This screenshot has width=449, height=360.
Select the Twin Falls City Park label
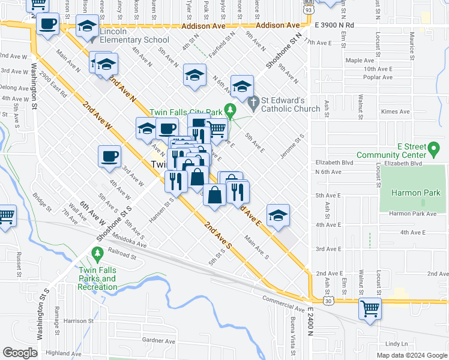[x=186, y=112]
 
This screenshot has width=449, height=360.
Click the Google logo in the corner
[x=20, y=353]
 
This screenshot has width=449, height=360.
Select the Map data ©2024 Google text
[x=412, y=355]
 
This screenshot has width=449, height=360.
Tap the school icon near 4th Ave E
[x=278, y=215]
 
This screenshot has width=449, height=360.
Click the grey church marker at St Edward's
[x=254, y=104]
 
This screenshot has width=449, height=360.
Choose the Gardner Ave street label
[x=158, y=341]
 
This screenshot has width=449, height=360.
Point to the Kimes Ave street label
[x=396, y=112]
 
